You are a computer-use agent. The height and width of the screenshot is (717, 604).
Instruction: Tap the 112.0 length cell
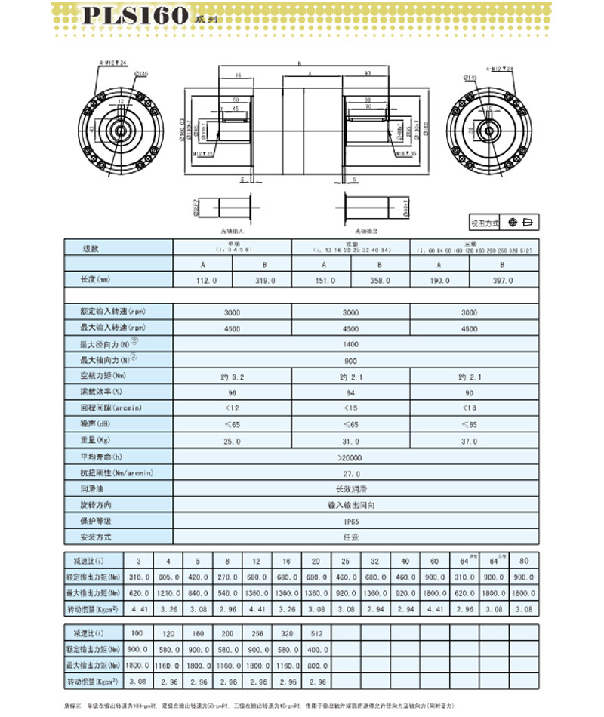coord(204,280)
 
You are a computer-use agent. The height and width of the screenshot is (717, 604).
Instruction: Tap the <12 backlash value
coord(233,408)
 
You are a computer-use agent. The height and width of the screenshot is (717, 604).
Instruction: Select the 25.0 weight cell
coord(233,441)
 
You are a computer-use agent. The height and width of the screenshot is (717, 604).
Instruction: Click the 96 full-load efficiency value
coord(233,392)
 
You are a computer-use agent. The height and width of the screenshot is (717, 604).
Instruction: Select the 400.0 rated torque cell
coord(316,648)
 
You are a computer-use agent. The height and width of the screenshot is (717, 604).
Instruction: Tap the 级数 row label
coord(91,248)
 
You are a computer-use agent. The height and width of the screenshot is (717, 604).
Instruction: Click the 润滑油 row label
coord(91,489)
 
